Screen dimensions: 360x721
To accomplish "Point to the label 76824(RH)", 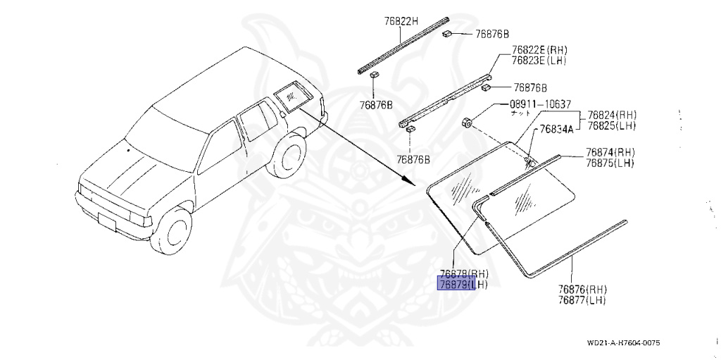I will click(x=612, y=116).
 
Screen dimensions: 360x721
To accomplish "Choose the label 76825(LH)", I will click(x=612, y=125).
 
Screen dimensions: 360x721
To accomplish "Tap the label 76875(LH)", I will click(x=610, y=163).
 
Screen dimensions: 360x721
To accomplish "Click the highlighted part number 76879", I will click(x=457, y=284).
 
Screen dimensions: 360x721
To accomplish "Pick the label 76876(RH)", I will click(x=582, y=290).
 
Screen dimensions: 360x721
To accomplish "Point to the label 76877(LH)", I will click(x=582, y=299).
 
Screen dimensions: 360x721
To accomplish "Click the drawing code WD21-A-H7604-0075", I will click(x=623, y=344).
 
